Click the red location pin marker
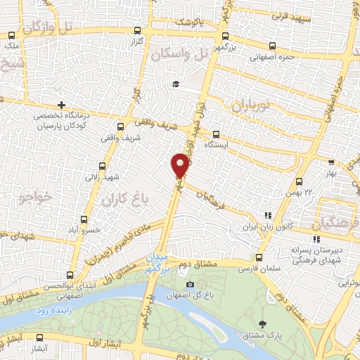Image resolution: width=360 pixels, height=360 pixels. [181, 165]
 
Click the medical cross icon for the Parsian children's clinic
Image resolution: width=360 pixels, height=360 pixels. [63, 105]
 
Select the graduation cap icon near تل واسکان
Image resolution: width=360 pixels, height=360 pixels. [176, 84]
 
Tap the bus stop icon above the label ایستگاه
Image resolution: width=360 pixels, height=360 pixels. [215, 134]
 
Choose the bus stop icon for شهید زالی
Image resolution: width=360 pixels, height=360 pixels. [103, 166]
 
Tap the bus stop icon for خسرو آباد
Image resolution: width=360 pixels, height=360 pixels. [85, 219]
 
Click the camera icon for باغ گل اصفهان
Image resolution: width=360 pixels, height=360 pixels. [190, 284]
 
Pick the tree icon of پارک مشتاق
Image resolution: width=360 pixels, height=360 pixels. [262, 324]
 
